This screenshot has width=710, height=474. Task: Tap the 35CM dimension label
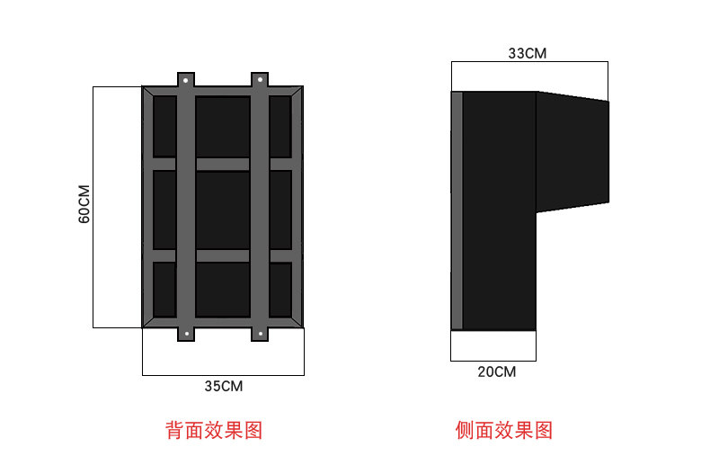point(223,387)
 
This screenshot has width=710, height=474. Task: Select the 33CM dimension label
point(528,53)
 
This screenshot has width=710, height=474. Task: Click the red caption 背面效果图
point(214,430)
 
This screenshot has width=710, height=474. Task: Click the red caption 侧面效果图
point(503,430)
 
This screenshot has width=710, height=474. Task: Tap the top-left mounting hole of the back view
point(186,80)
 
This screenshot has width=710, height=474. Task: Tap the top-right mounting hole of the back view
point(260,80)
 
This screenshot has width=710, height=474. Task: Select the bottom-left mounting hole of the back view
point(186,334)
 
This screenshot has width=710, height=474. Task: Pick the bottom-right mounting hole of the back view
point(260,334)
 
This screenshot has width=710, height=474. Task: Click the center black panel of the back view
point(223,209)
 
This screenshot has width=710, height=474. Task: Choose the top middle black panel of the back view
point(223,126)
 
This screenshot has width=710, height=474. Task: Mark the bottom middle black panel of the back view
point(223,289)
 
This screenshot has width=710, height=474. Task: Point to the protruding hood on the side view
point(572,151)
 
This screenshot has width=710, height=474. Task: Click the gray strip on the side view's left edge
point(457,210)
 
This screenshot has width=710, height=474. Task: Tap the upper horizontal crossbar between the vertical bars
point(223,164)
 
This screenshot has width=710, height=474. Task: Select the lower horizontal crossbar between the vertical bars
point(223,255)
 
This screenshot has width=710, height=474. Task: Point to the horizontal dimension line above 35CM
point(223,374)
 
